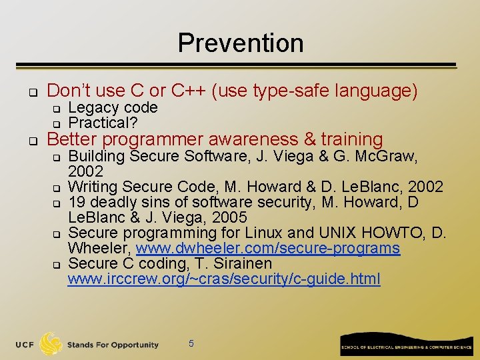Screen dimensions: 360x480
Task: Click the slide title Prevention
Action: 240,43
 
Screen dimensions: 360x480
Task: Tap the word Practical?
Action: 99,123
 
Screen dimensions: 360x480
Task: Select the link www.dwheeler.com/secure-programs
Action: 268,249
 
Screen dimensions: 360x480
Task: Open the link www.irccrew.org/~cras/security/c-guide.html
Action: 224,279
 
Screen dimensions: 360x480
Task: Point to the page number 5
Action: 191,343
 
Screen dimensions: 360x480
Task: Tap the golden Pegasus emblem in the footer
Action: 51,343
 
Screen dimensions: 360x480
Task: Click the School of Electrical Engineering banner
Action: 405,344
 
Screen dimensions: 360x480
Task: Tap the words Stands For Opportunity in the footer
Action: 113,345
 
